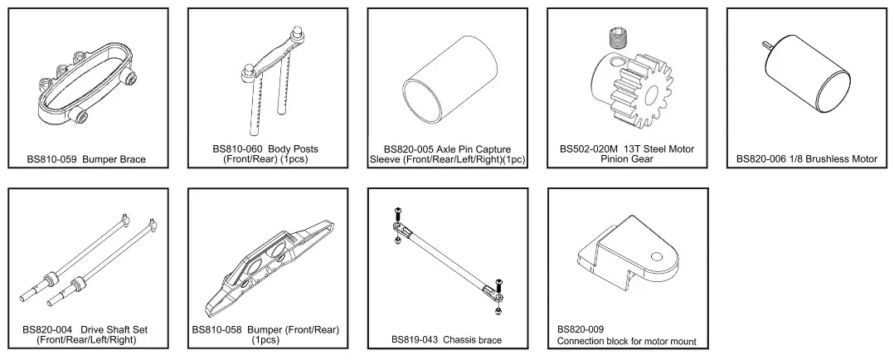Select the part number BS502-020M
tap(590, 149)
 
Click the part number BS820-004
tap(50, 329)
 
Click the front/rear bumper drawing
tap(269, 257)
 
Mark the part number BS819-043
tap(415, 340)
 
